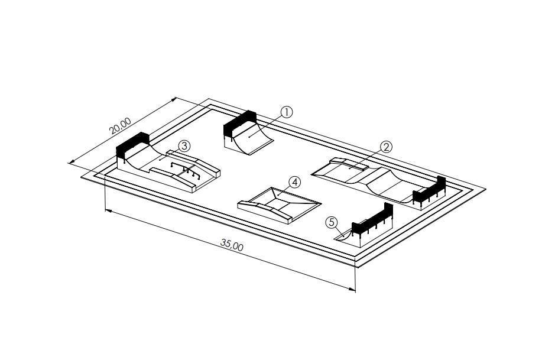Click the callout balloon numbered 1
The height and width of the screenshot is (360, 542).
click(286, 112)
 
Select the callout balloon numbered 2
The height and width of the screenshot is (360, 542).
click(385, 147)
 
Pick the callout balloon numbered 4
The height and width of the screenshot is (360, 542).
click(294, 181)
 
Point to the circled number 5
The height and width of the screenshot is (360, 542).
click(332, 222)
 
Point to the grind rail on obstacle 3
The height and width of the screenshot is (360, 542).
click(186, 168)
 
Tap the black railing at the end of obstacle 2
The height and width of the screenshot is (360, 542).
click(430, 190)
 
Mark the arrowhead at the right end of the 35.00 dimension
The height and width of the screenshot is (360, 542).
click(353, 289)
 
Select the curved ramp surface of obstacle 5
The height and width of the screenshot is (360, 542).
click(346, 235)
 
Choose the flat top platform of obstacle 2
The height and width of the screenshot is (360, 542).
click(351, 168)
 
